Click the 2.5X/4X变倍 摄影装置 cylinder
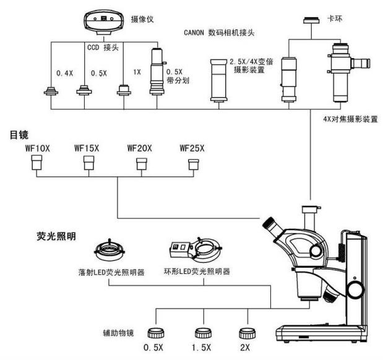click(220, 80)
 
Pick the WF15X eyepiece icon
click(89, 163)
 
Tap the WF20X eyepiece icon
click(142, 163)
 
